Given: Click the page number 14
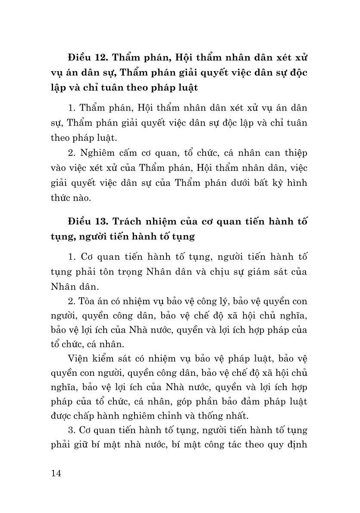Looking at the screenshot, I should (x=56, y=473).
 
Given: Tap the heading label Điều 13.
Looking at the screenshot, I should (x=88, y=222).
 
